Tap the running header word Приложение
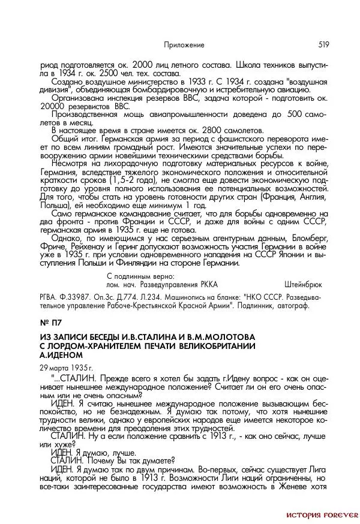(184, 45)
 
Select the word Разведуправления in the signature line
(176, 284)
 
